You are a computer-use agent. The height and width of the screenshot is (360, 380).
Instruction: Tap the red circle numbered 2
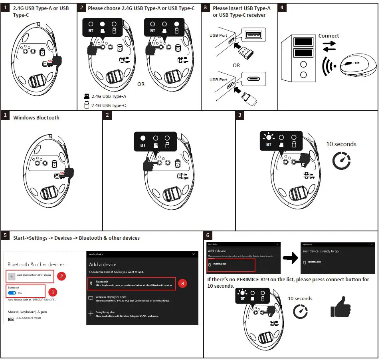[61, 276]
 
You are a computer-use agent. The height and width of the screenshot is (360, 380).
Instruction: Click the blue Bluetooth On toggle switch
[12, 293]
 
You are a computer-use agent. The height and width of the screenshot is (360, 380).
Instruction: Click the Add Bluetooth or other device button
[30, 275]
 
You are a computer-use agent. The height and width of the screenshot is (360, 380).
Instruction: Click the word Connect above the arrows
[329, 36]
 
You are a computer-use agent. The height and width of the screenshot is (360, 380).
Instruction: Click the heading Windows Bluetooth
[36, 118]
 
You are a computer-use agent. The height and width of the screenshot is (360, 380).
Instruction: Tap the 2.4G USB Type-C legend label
[109, 105]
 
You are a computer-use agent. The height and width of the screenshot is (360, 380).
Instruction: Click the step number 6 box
[208, 235]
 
